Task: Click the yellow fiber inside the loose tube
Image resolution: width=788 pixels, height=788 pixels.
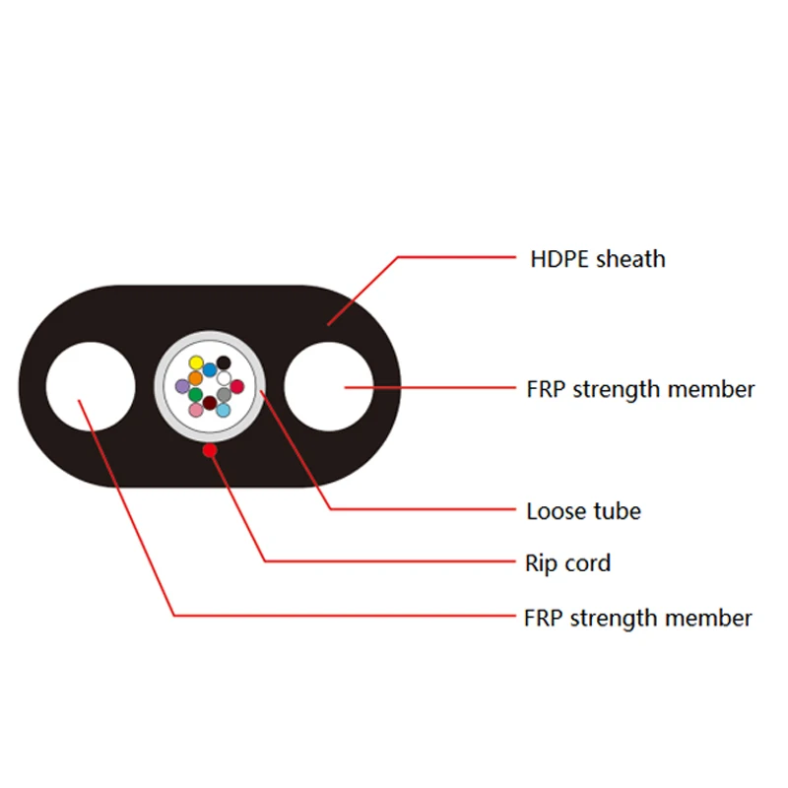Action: coord(196,362)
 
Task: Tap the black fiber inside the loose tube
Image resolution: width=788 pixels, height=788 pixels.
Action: coord(224,362)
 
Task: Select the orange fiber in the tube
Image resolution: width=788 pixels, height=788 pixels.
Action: coord(195,377)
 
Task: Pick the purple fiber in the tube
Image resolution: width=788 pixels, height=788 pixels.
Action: coord(182,386)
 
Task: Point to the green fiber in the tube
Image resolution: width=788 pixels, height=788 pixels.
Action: coord(196,395)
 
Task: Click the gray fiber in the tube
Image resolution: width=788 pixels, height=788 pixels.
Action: coord(225,395)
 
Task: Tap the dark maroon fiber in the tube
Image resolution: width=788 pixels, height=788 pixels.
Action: coord(210,402)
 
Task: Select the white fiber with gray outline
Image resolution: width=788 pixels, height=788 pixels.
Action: coord(224,377)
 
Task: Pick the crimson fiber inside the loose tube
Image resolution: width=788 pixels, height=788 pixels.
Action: coord(237,386)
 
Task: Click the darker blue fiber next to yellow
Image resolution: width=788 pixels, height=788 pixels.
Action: coord(210,369)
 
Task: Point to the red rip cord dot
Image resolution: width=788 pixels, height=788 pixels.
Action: coord(209,450)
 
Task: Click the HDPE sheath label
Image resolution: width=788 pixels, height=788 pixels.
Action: coord(597,260)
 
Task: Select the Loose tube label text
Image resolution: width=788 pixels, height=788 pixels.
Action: coord(583,511)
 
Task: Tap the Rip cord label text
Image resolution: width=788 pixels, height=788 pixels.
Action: coord(568,563)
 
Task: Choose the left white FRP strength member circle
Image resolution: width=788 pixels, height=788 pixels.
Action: coord(91,386)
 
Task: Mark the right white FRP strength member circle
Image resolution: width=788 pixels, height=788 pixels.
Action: coord(329,386)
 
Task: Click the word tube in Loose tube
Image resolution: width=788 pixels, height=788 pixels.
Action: coord(616,511)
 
